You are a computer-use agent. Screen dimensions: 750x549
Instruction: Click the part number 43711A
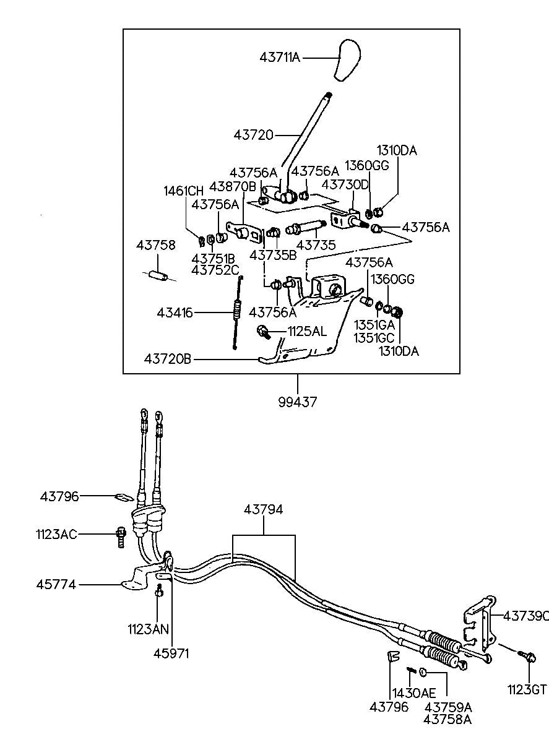pyautogui.click(x=279, y=58)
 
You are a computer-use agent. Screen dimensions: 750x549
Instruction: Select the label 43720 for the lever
pyautogui.click(x=254, y=134)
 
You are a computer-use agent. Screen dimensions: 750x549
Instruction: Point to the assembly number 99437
pyautogui.click(x=298, y=402)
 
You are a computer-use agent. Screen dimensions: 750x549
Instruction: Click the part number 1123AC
pyautogui.click(x=56, y=534)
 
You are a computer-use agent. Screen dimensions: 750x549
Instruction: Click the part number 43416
pyautogui.click(x=176, y=314)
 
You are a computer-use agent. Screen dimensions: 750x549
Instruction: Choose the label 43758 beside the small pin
pyautogui.click(x=155, y=246)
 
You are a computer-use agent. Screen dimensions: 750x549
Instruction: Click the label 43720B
pyautogui.click(x=168, y=359)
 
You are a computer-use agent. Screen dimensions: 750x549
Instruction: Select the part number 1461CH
pyautogui.click(x=184, y=191)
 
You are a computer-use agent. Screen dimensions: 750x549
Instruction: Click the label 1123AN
pyautogui.click(x=148, y=629)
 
